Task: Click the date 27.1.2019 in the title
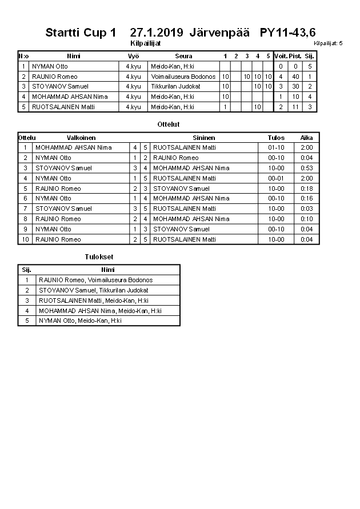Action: (x=157, y=33)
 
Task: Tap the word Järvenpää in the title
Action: (x=219, y=33)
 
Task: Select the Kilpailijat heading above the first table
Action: (x=146, y=43)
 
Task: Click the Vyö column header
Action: (x=133, y=56)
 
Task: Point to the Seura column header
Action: (x=183, y=56)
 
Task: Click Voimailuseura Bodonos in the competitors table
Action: (x=183, y=77)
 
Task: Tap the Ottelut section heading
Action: (x=168, y=124)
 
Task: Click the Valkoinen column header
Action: (x=81, y=138)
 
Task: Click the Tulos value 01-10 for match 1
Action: (x=276, y=147)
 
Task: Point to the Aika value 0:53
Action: (x=306, y=168)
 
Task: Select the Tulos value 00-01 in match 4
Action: (x=276, y=178)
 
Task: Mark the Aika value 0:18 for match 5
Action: (x=306, y=189)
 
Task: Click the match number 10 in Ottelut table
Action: (x=25, y=239)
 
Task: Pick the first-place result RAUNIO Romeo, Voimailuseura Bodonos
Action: (x=95, y=280)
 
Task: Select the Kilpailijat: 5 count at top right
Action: (x=328, y=43)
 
